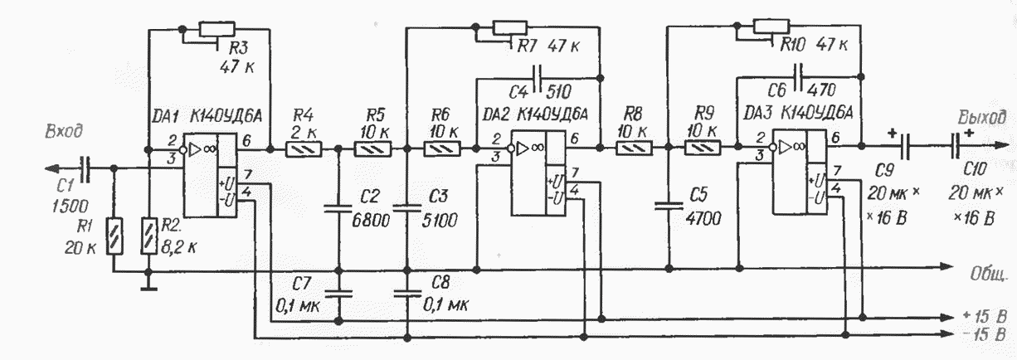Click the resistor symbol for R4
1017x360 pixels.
click(x=304, y=149)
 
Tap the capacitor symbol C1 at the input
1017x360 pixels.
click(x=85, y=168)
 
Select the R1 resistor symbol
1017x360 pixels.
click(x=114, y=236)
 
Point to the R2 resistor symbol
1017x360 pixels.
click(x=148, y=236)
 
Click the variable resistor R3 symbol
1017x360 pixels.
click(x=217, y=30)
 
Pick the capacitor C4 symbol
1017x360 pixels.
click(x=538, y=78)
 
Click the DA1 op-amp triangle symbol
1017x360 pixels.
click(x=194, y=149)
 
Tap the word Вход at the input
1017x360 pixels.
click(x=64, y=132)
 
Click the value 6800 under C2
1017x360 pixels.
click(x=371, y=220)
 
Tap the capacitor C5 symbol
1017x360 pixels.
click(x=669, y=206)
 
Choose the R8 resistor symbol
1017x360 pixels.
click(x=634, y=148)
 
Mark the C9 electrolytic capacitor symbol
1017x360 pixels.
click(x=904, y=146)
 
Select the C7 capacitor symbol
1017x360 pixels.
click(x=338, y=294)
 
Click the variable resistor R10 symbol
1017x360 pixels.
click(x=771, y=27)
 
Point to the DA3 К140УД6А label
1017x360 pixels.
click(x=799, y=112)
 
